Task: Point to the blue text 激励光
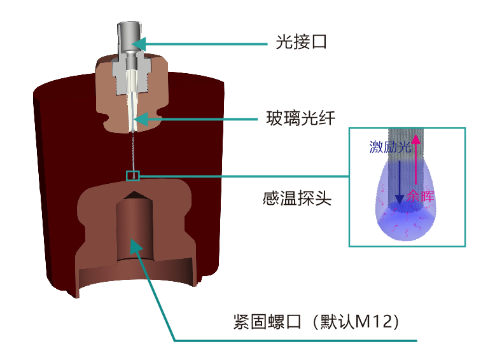tap(389, 147)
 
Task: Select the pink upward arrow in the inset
tap(417, 159)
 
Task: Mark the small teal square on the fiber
tap(132, 176)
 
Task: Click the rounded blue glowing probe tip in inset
tap(405, 219)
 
